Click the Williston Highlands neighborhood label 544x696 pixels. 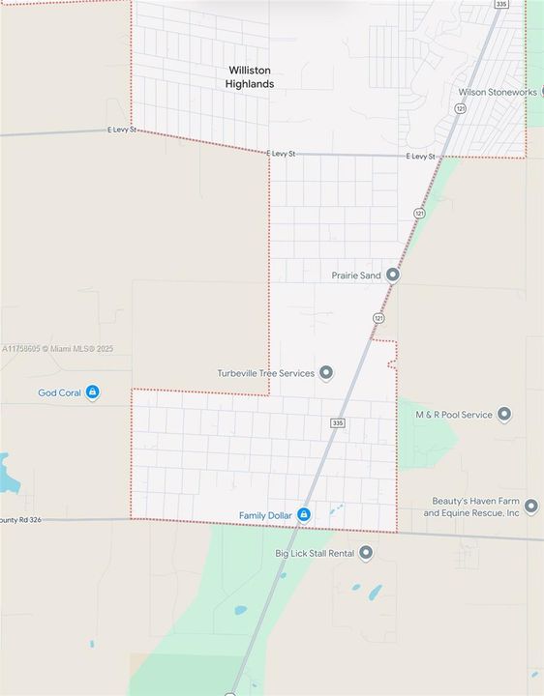coord(250,77)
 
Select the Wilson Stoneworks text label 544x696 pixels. coord(498,92)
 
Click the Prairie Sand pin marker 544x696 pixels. coord(393,275)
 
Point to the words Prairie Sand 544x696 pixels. coord(357,275)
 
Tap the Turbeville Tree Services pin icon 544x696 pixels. coord(326,373)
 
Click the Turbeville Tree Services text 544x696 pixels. coord(266,373)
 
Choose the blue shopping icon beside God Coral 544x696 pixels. coord(93,391)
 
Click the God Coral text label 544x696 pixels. coord(60,392)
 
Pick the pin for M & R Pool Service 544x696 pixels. coord(504,415)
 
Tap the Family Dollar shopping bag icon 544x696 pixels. coord(304,515)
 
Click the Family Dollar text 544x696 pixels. coord(265,515)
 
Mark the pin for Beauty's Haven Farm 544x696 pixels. coord(530,507)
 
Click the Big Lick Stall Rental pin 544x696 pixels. coord(366,553)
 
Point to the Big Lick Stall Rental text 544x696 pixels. coord(316,553)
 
